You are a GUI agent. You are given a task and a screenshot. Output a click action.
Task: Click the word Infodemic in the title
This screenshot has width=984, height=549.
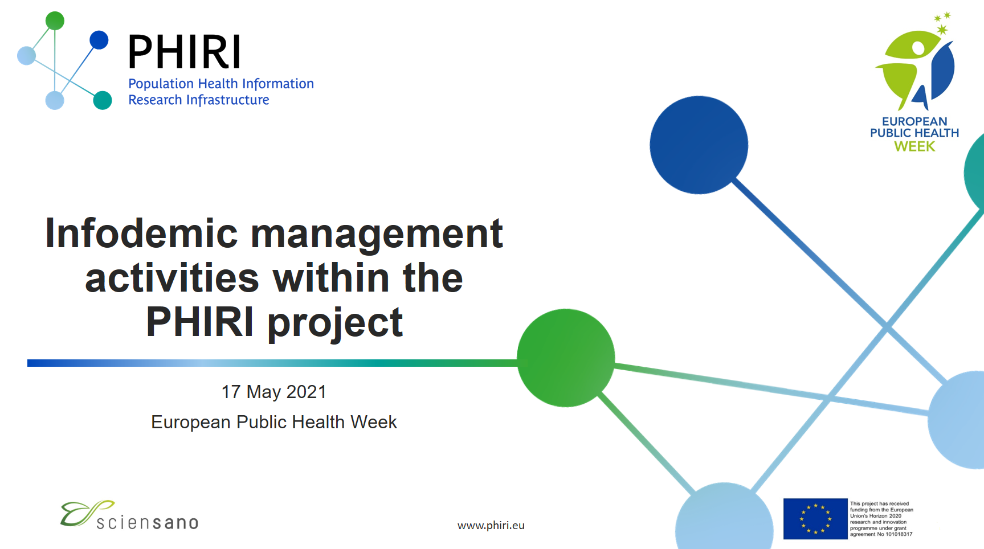point(141,233)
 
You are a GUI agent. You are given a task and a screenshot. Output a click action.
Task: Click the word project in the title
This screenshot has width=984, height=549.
point(335,322)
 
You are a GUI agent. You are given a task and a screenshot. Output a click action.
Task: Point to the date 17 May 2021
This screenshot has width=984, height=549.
point(273,392)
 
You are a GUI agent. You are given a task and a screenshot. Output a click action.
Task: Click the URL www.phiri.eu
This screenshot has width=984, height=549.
point(491,525)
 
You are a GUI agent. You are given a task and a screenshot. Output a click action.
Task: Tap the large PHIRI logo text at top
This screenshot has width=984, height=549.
point(185,52)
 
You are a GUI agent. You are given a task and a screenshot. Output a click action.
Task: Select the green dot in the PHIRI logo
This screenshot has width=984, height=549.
point(55,21)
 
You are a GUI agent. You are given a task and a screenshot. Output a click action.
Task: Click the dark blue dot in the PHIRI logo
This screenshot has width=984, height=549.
point(99,40)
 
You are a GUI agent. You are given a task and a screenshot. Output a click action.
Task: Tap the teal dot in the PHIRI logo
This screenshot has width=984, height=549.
point(103,100)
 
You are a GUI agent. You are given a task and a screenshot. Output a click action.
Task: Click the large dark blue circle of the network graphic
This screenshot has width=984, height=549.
point(699,145)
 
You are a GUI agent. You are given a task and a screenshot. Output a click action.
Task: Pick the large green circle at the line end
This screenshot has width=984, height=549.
point(565,358)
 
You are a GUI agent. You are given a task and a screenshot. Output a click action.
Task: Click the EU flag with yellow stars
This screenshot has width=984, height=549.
point(815,519)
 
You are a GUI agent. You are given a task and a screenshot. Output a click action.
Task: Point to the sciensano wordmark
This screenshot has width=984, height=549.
point(147,523)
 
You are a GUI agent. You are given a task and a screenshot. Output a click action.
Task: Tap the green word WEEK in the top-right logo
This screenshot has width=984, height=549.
point(914,146)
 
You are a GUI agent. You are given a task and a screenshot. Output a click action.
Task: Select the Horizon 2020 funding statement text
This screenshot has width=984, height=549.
point(881,519)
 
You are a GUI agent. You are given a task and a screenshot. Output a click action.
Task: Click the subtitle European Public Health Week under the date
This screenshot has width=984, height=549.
point(273,422)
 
